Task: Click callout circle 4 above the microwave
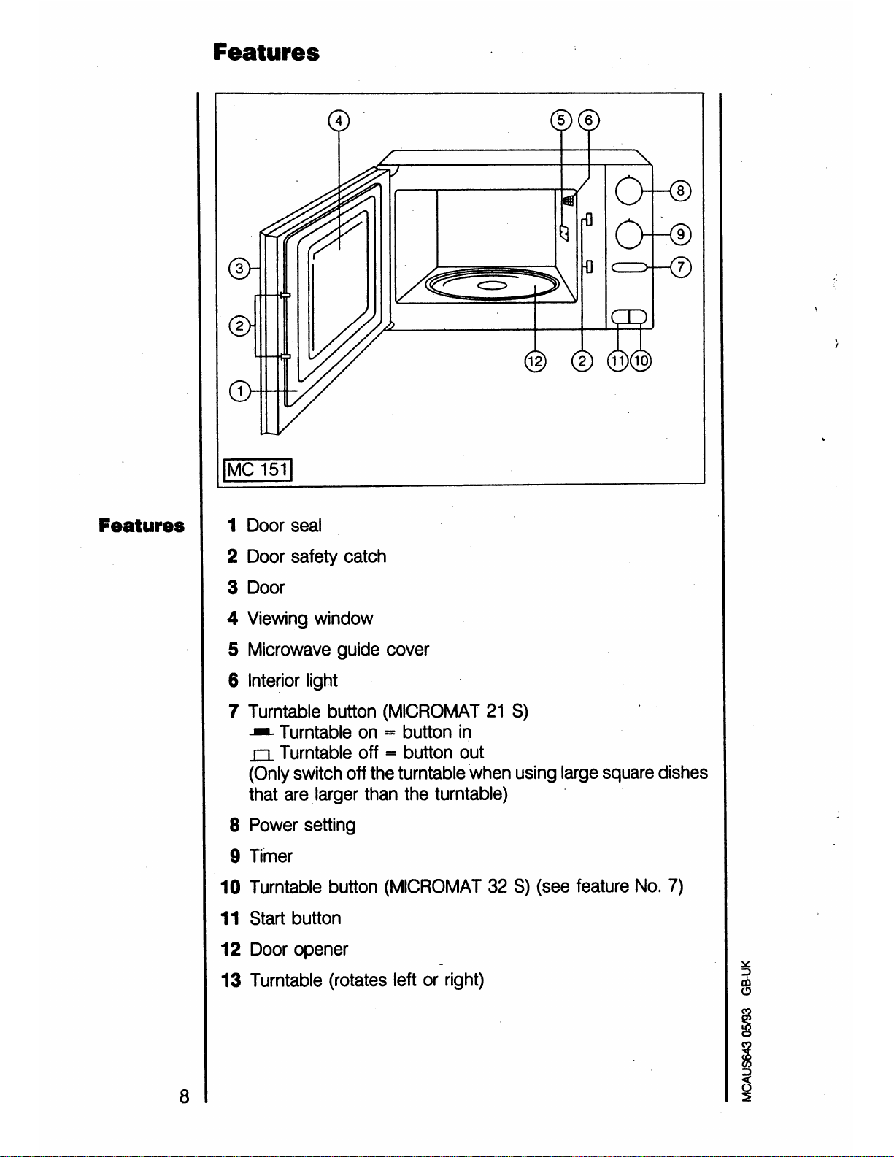tap(339, 121)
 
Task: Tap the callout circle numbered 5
tap(561, 120)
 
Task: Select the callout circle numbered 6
tap(588, 120)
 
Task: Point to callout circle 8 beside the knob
tap(680, 191)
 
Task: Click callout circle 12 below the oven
tap(535, 361)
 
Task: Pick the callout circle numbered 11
tap(618, 361)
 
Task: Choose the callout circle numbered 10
tap(641, 361)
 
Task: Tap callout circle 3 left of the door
tap(239, 269)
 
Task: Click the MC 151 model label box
tap(258, 469)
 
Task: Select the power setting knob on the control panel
tap(629, 191)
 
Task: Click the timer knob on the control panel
tap(629, 234)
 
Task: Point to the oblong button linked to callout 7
tap(630, 267)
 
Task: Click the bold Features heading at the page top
tap(266, 52)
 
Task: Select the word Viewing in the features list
tap(278, 619)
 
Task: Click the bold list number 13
tap(231, 980)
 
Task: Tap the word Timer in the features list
tap(271, 856)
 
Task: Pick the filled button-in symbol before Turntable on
tap(261, 733)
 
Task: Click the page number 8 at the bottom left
tap(184, 1097)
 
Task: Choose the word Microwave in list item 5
tap(289, 650)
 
